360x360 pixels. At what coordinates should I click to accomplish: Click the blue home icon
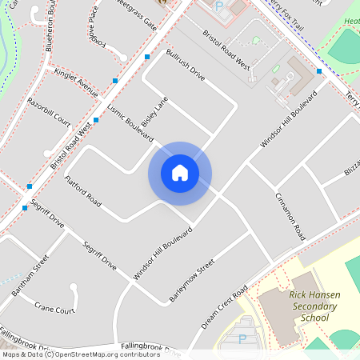pyautogui.click(x=180, y=173)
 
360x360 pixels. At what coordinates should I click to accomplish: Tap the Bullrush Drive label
pyautogui.click(x=186, y=67)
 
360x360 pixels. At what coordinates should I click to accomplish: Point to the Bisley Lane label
pyautogui.click(x=154, y=116)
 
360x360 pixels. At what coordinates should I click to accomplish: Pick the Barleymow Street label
pyautogui.click(x=192, y=281)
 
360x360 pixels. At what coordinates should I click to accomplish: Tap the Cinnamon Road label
pyautogui.click(x=290, y=216)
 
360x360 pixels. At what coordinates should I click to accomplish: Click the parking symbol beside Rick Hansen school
pyautogui.click(x=242, y=339)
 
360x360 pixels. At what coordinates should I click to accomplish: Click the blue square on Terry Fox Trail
pyautogui.click(x=319, y=71)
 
